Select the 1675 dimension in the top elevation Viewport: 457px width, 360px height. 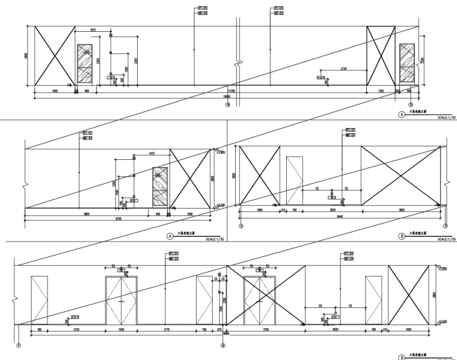pyautogui.click(x=93, y=30)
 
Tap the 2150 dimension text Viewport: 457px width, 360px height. pyautogui.click(x=343, y=69)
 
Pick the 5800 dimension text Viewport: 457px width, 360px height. pyautogui.click(x=87, y=213)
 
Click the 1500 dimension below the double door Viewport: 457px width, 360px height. pyautogui.click(x=122, y=330)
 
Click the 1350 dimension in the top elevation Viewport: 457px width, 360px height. pyautogui.click(x=381, y=90)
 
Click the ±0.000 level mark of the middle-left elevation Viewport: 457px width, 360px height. pyautogui.click(x=220, y=205)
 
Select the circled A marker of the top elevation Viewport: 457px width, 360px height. pyautogui.click(x=400, y=113)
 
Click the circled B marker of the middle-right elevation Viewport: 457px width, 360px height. pyautogui.click(x=402, y=237)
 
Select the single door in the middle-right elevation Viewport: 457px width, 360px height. pyautogui.click(x=295, y=180)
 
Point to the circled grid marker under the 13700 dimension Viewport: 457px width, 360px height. pyautogui.click(x=227, y=103)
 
